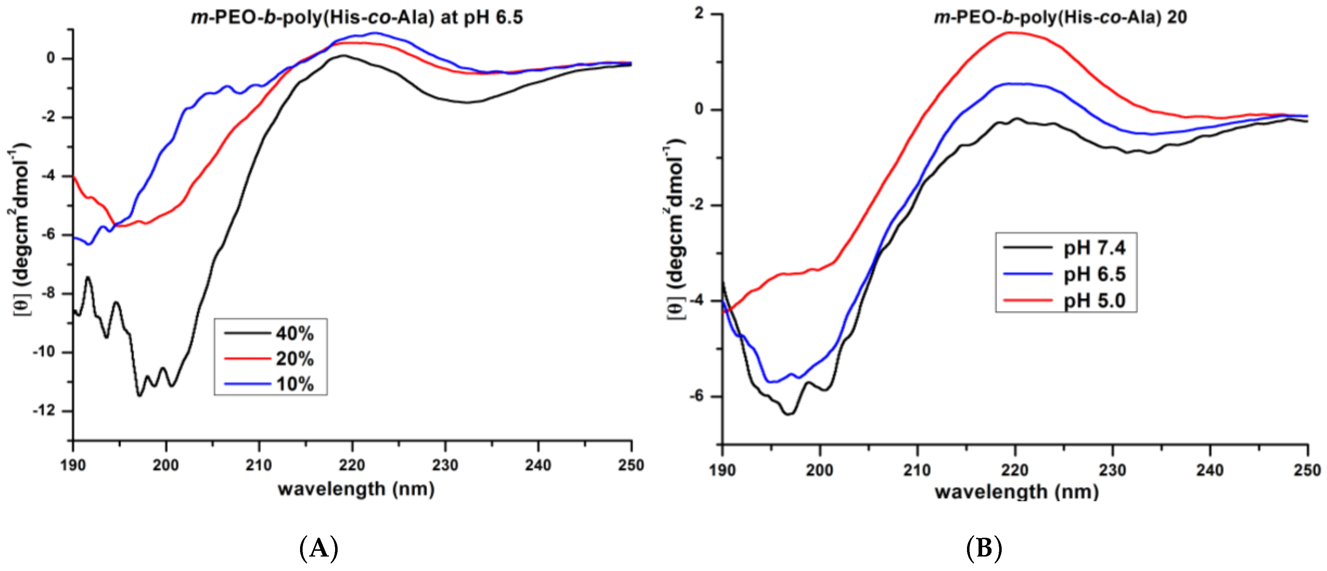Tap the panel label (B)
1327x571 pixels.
[x=984, y=548]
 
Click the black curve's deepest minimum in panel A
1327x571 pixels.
[x=139, y=395]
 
